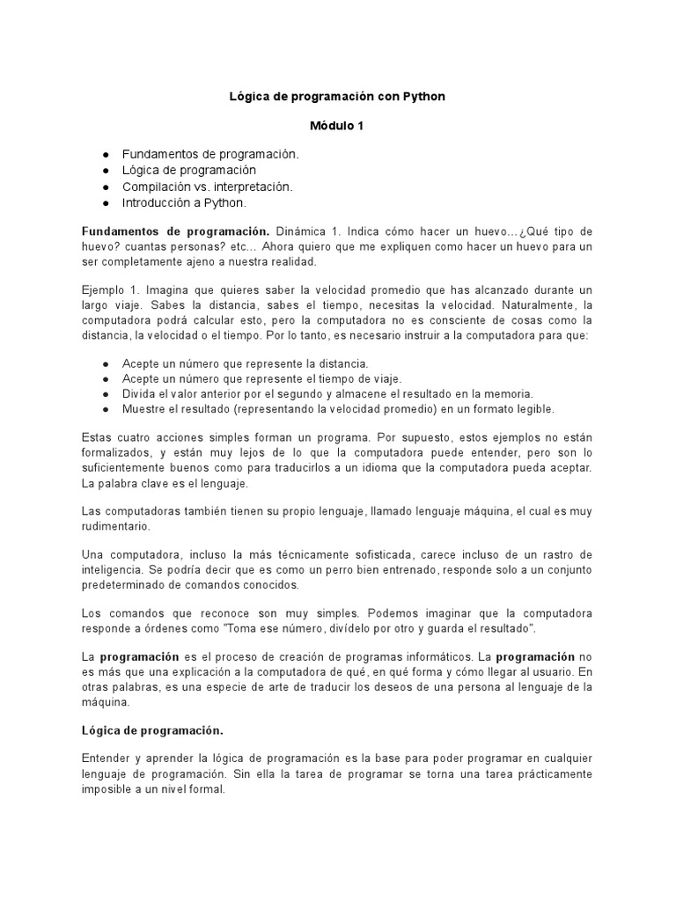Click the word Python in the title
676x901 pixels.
[424, 97]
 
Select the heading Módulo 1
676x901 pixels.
[337, 126]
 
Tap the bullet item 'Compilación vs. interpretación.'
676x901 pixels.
[207, 187]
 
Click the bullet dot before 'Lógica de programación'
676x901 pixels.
[106, 170]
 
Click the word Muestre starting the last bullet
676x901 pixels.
[142, 409]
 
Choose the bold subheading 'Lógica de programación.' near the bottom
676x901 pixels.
[152, 730]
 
